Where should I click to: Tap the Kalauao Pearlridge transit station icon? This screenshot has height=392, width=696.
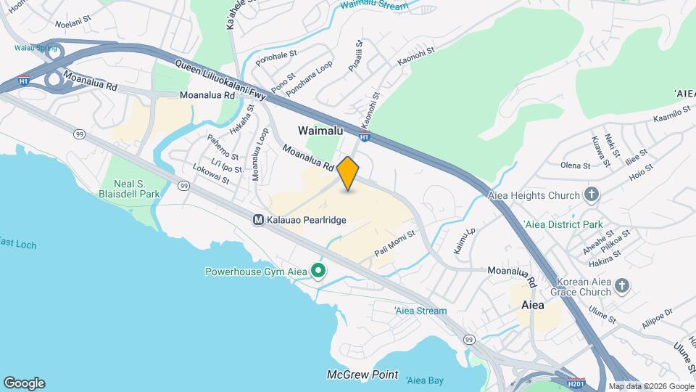(257, 219)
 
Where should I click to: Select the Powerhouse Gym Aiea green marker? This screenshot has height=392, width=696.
(318, 271)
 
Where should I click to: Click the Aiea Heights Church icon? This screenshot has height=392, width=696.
(592, 195)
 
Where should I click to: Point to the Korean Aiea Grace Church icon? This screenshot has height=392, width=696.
(621, 286)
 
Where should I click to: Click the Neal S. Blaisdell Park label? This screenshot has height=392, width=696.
(129, 187)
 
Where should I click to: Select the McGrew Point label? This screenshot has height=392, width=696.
(362, 375)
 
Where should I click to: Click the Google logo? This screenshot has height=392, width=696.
(24, 383)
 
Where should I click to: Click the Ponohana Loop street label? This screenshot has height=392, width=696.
(309, 79)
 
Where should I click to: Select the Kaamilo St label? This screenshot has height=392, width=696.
(671, 115)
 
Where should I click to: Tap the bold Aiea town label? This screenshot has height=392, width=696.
(533, 305)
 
